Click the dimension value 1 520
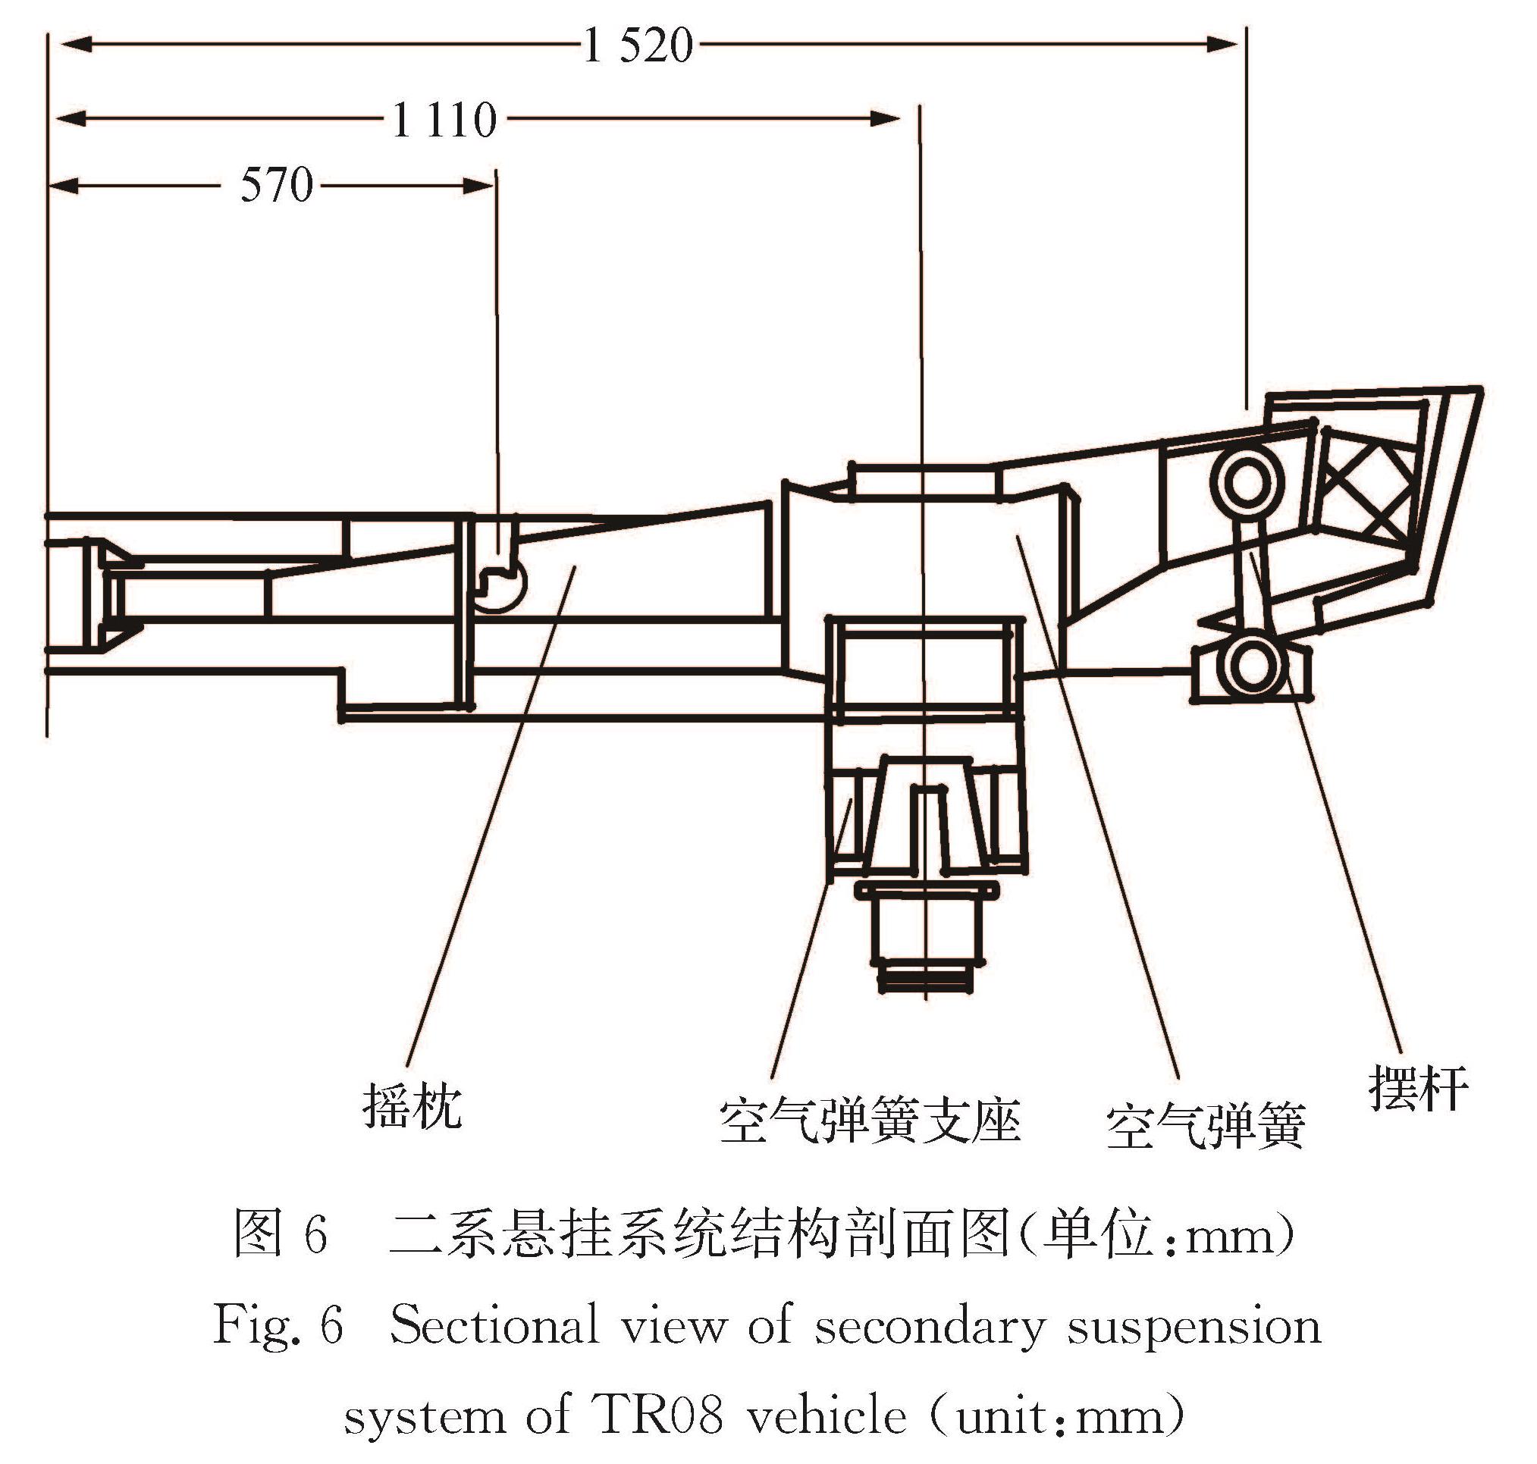pos(638,45)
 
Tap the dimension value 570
pos(276,186)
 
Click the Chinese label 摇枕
pos(412,1107)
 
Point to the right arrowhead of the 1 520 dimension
pos(1222,45)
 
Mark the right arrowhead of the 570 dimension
pos(478,186)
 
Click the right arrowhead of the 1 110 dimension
pos(886,119)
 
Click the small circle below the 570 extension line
pos(500,585)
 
